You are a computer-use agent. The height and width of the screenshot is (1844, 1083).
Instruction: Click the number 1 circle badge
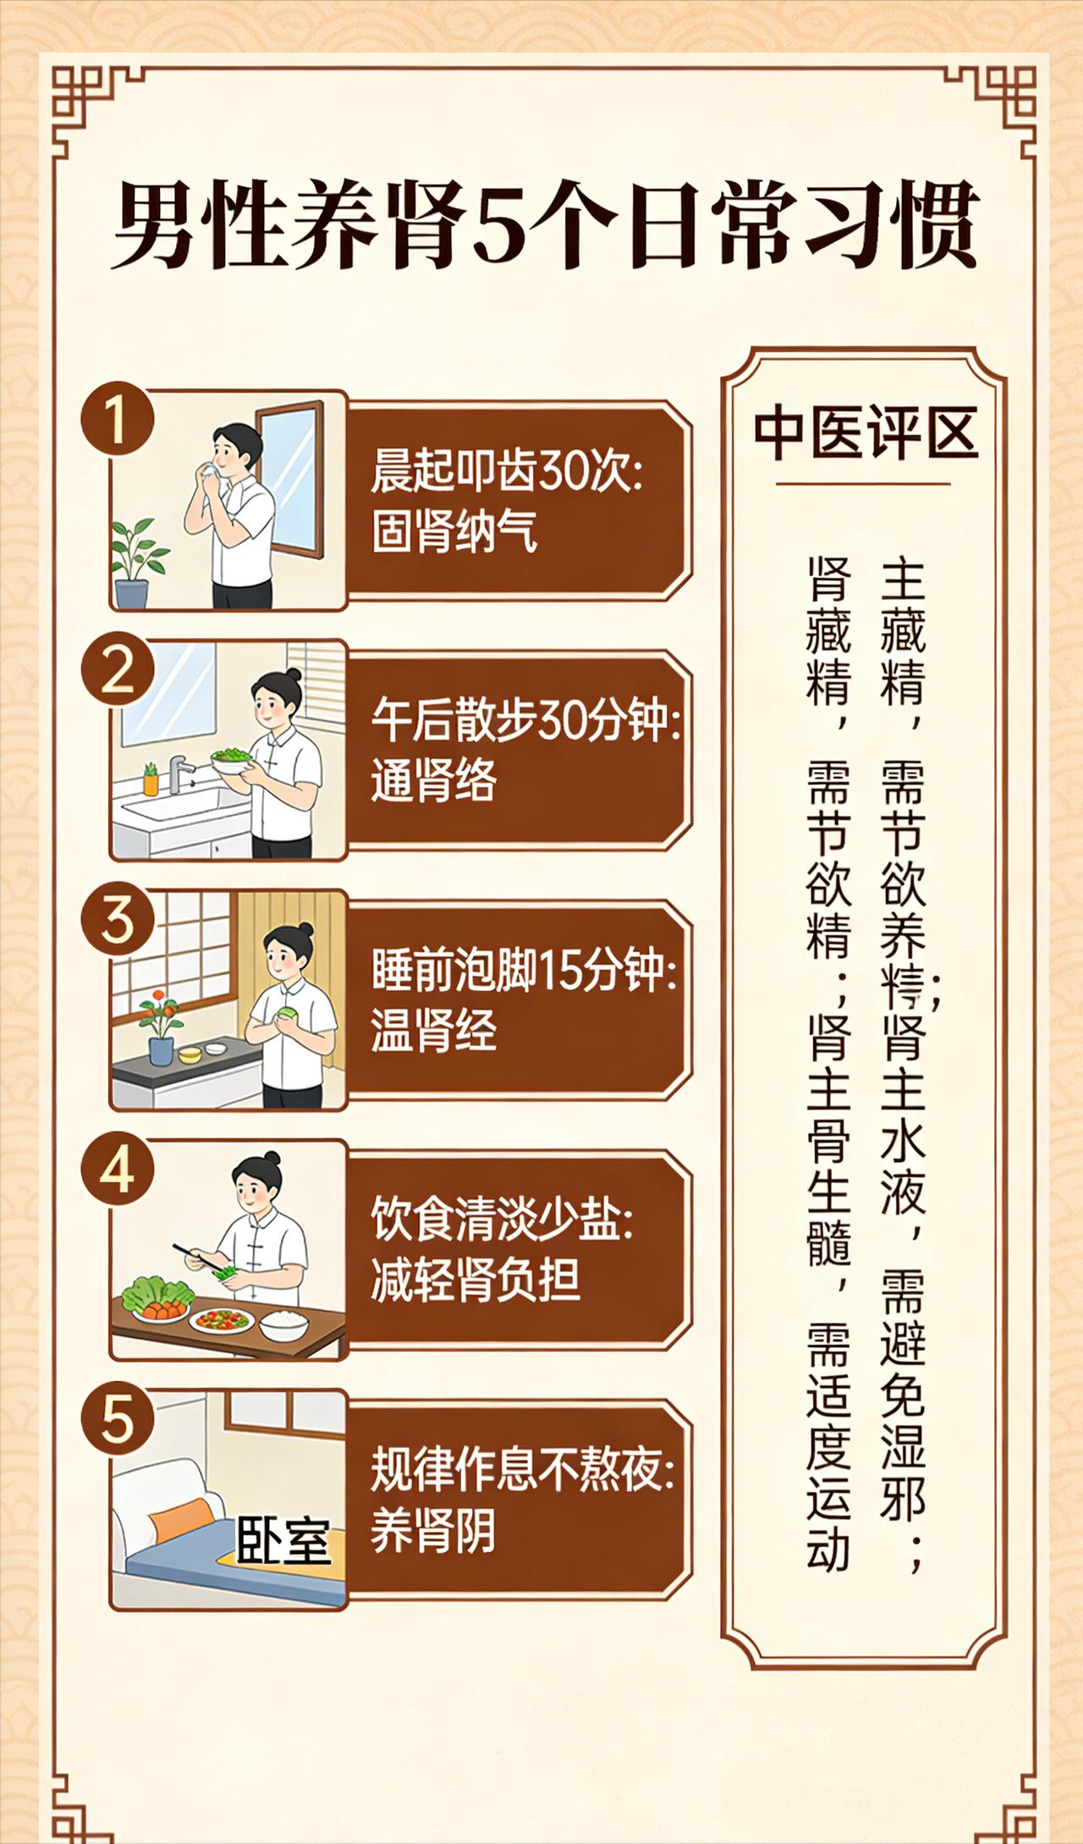[117, 420]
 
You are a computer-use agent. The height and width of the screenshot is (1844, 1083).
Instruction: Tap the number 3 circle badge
[117, 919]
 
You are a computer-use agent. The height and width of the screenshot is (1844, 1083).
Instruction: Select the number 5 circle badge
[117, 1418]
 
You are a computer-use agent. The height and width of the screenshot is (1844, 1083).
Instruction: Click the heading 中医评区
[865, 433]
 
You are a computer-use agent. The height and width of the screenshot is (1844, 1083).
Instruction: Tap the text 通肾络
[433, 780]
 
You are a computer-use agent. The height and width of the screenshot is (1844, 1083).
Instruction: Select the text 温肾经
[433, 1030]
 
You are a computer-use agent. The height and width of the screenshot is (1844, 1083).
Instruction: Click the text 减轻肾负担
[475, 1280]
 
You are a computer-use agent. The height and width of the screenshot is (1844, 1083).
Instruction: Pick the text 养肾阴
[433, 1529]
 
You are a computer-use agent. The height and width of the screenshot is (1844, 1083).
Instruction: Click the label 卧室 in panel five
[283, 1539]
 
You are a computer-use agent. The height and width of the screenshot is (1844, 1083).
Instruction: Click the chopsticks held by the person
[196, 1258]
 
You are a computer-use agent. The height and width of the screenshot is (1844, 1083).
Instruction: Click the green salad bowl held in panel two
[231, 759]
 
